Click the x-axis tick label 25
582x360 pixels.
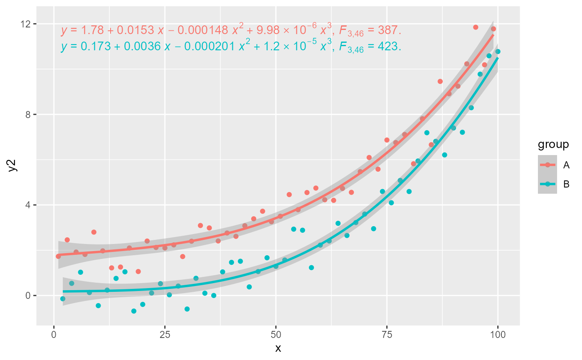tap(165, 335)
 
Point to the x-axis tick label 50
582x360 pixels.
tap(276, 335)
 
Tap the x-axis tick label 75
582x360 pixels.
tap(387, 335)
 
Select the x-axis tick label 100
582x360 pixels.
tap(498, 335)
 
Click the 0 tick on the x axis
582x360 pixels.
tap(54, 335)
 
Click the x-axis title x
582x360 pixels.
tap(278, 348)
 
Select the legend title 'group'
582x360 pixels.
tap(553, 145)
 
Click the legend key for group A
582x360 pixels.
tap(547, 165)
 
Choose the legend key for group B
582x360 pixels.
tap(547, 184)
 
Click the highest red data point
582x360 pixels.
tap(476, 27)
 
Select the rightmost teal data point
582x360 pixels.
tap(498, 52)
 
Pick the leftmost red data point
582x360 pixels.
tap(58, 256)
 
